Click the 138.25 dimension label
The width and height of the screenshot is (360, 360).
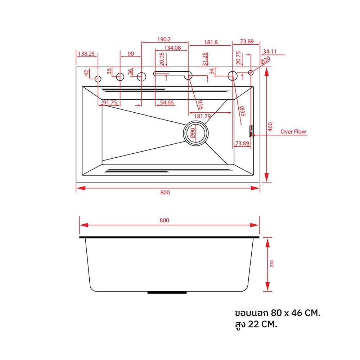pyautogui.click(x=86, y=54)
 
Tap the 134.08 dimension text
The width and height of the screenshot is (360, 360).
pyautogui.click(x=172, y=48)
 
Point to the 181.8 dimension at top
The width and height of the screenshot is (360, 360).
pyautogui.click(x=211, y=42)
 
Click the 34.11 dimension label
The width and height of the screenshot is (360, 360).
pyautogui.click(x=270, y=51)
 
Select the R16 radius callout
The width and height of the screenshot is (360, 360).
pyautogui.click(x=200, y=104)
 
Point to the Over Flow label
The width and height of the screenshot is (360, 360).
pyautogui.click(x=293, y=132)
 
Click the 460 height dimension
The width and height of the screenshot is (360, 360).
pyautogui.click(x=271, y=126)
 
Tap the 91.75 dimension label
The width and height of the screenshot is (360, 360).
pyautogui.click(x=110, y=103)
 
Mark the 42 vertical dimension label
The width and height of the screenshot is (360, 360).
pyautogui.click(x=86, y=72)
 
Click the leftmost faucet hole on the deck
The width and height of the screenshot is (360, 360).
pyautogui.click(x=98, y=78)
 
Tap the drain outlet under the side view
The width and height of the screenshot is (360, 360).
pyautogui.click(x=168, y=293)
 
